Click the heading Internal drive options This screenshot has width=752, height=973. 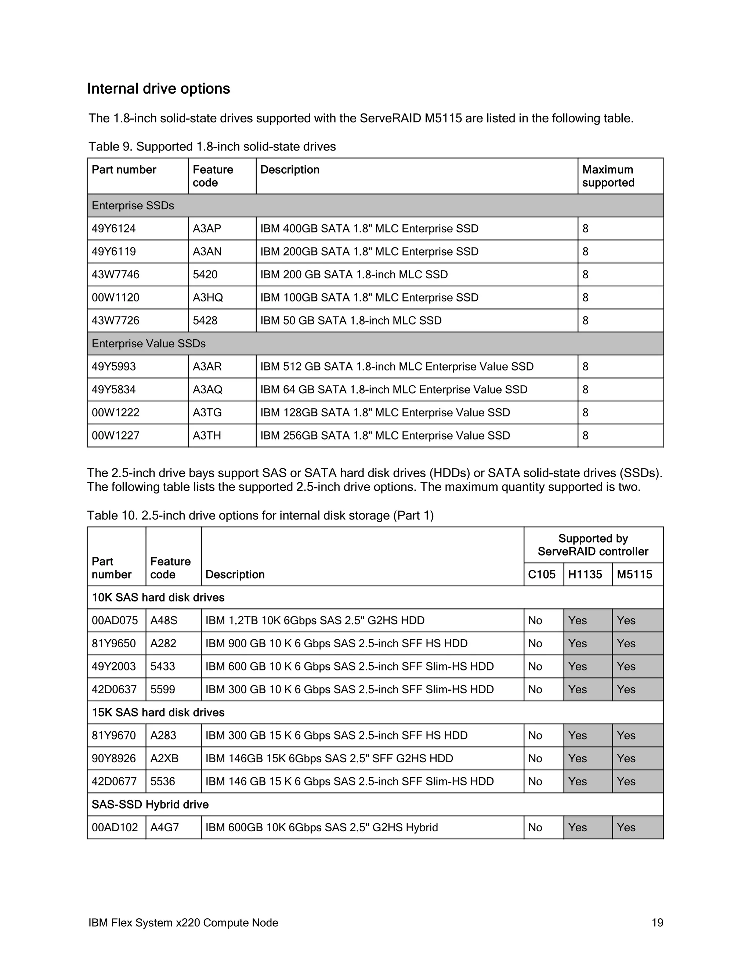159,88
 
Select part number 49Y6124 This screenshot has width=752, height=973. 113,228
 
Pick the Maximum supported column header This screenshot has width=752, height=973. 608,176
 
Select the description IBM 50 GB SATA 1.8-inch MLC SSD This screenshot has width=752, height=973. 351,321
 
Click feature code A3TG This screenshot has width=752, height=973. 207,413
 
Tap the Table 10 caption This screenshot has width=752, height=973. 260,516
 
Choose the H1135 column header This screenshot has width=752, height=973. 585,574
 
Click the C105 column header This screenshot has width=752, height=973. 542,574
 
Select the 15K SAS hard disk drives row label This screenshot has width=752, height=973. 158,712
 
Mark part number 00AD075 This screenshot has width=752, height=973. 115,621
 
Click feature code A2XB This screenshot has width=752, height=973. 164,759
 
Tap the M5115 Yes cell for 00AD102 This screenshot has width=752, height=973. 626,828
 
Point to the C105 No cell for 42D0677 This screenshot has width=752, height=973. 535,781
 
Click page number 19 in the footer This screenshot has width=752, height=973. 658,923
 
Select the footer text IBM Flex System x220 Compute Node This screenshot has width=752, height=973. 183,923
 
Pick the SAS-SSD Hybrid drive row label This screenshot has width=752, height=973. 150,804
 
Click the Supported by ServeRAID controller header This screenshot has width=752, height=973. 593,545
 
